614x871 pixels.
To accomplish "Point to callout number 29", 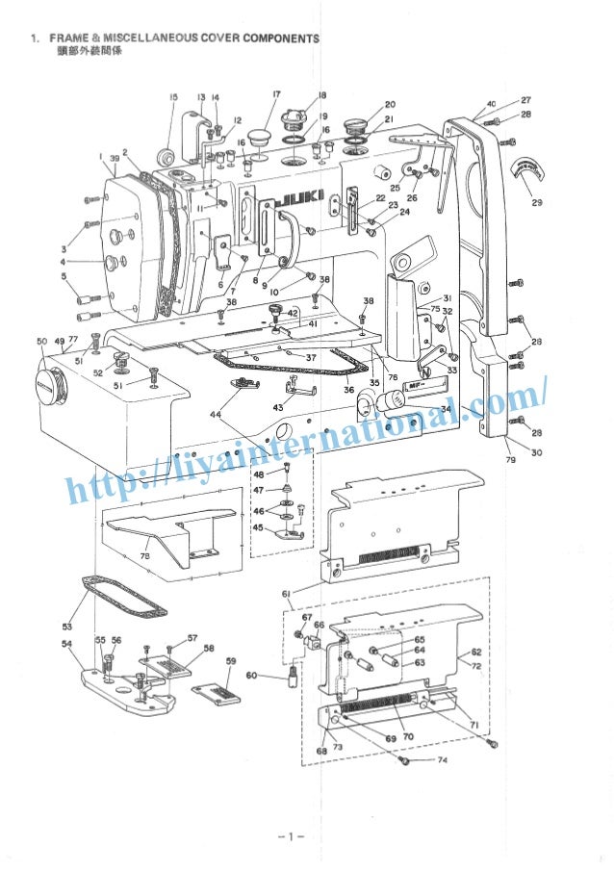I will pos(536,202).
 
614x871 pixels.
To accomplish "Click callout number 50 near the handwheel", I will pos(41,342).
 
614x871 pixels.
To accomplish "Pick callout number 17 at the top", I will pos(276,94).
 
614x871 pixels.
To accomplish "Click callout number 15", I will pos(173,97).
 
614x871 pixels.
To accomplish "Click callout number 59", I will pos(231,661).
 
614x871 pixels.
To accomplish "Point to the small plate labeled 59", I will pos(219,696).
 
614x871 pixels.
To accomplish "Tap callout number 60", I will pos(251,676).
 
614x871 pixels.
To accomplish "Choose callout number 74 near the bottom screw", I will pos(442,760).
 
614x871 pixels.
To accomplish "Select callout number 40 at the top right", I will pos(492,103).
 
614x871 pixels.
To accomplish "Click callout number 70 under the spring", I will pos(408,736).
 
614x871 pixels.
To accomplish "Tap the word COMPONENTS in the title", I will pos(281,38).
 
